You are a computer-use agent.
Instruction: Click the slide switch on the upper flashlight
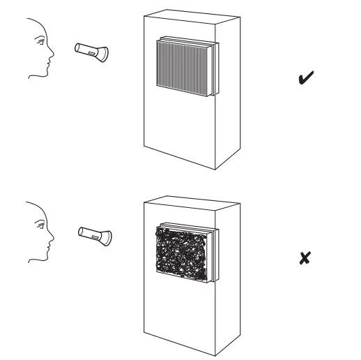(x=92, y=51)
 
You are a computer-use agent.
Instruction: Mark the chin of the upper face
(x=46, y=70)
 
